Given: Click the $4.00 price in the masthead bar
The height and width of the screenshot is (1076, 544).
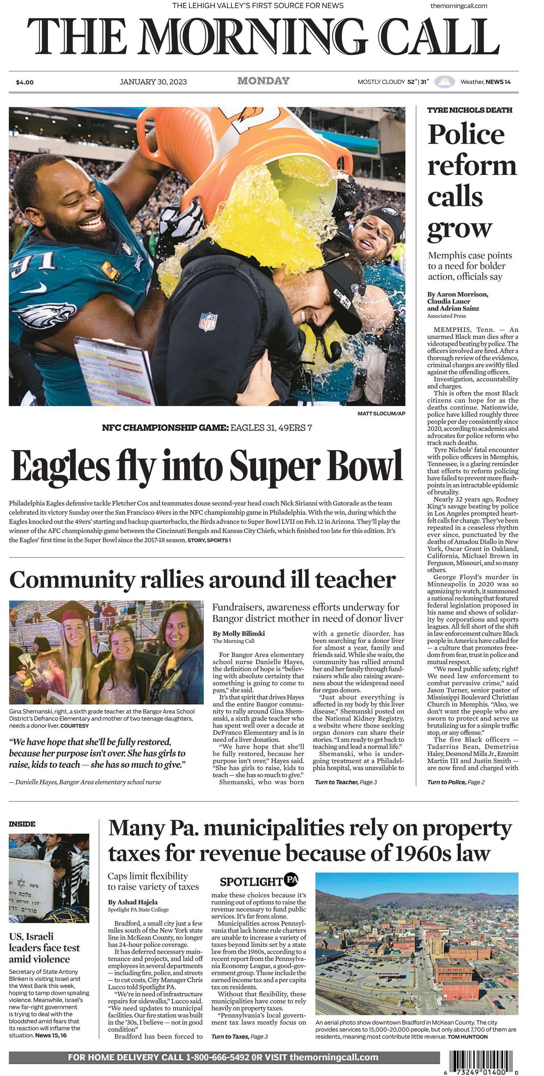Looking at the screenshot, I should click(25, 82).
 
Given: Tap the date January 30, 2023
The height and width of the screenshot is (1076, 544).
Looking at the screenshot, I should click(153, 82).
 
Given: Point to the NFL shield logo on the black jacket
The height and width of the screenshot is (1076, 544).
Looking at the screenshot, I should click(208, 322).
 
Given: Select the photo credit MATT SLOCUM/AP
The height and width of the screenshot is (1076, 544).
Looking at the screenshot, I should click(381, 414).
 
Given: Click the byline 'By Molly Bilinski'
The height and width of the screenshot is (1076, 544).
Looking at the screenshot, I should click(238, 633).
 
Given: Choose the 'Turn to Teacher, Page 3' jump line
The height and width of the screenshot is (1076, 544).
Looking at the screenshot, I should click(346, 782).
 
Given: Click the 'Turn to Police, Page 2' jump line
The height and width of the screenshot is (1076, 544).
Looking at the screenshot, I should click(456, 782).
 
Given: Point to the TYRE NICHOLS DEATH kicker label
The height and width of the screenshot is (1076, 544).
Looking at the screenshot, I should click(469, 110).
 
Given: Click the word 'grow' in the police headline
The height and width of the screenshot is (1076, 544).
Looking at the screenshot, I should click(459, 228).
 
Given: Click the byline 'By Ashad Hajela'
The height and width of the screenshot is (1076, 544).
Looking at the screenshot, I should click(132, 902).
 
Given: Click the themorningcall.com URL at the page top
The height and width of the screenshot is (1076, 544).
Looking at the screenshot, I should click(458, 6).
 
